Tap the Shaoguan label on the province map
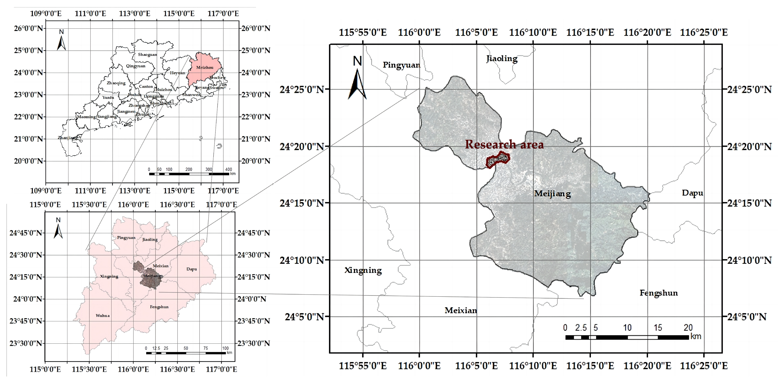coord(147,55)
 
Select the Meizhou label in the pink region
coord(205,67)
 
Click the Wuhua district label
coord(103,316)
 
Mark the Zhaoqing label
coord(116,83)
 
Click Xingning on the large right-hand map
coord(363,270)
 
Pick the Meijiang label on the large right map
coord(552,194)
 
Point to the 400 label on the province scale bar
coord(228,169)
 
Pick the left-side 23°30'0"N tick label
coord(26,343)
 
